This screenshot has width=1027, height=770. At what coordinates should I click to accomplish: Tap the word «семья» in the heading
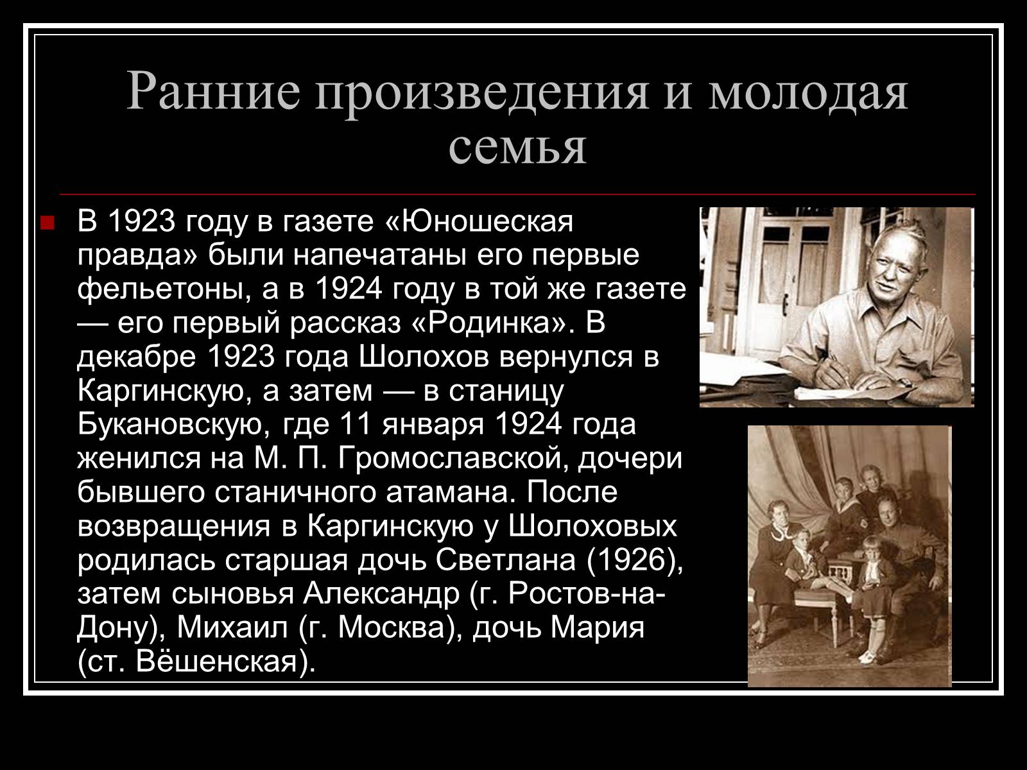coord(517,148)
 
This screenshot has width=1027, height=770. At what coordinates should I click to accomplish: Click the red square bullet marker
coord(47,223)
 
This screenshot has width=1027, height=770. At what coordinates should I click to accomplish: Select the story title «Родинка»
coord(490,323)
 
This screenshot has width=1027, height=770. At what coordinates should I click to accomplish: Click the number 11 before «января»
coord(356,425)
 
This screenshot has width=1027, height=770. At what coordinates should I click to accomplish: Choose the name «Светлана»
coord(505,560)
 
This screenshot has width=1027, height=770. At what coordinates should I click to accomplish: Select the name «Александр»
coord(381,594)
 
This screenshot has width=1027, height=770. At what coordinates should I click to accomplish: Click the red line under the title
coord(517,194)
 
